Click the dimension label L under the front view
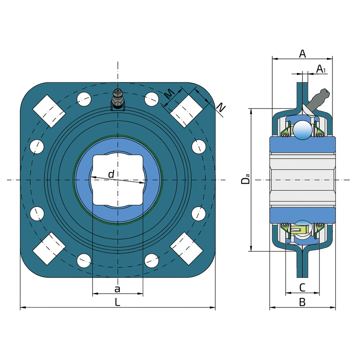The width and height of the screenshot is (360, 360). coord(117,302)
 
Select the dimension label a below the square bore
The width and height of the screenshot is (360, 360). coord(117,289)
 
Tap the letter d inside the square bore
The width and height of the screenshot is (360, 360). coord(111,174)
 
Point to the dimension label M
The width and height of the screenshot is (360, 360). coord(170,94)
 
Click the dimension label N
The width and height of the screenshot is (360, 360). coord(221,108)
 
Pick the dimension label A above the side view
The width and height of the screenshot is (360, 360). coord(302,54)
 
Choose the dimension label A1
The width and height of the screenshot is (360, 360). coord(321,69)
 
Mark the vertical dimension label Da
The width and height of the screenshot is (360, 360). coord(245,179)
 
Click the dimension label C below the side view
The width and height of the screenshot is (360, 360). coord(302,288)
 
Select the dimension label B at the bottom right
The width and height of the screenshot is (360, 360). coord(302,302)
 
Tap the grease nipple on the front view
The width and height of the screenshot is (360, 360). coord(118,100)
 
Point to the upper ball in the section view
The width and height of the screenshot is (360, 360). coord(302,130)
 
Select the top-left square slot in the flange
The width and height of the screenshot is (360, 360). coord(49,111)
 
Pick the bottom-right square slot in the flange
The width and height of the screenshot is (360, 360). coord(186,248)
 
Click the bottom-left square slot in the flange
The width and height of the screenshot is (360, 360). coord(49,248)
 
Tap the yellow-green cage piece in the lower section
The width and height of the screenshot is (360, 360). coord(300,229)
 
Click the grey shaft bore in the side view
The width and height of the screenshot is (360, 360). coord(302,180)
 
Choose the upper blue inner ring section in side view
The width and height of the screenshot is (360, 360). coord(302,144)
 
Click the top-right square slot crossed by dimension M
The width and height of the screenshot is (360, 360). coord(186,111)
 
